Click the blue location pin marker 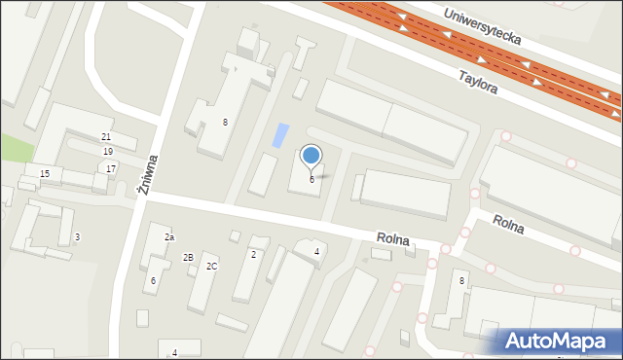pyautogui.click(x=311, y=156)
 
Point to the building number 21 pyautogui.click(x=106, y=137)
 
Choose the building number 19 pyautogui.click(x=108, y=152)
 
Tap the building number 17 pyautogui.click(x=111, y=168)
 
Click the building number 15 pyautogui.click(x=45, y=173)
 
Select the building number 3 pyautogui.click(x=77, y=237)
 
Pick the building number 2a pyautogui.click(x=168, y=237)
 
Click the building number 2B pyautogui.click(x=188, y=257)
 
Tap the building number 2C pyautogui.click(x=211, y=266)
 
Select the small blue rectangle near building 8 pyautogui.click(x=281, y=135)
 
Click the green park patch pyautogui.click(x=14, y=148)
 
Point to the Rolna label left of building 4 pyautogui.click(x=393, y=238)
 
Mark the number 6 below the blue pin pyautogui.click(x=311, y=180)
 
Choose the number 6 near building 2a pyautogui.click(x=153, y=280)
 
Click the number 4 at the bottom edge pyautogui.click(x=174, y=352)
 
